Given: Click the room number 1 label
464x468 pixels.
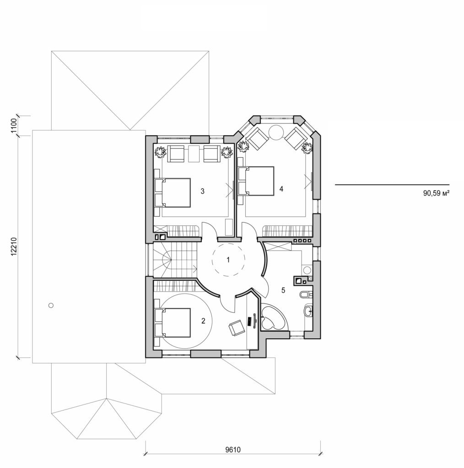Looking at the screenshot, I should [227, 260].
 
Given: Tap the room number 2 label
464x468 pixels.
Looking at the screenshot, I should [203, 321].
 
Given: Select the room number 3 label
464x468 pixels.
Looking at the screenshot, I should [202, 191].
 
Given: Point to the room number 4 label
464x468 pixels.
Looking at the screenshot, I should [281, 188].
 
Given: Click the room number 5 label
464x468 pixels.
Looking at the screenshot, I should [283, 290].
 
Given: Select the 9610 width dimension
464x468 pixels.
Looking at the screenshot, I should [233, 449].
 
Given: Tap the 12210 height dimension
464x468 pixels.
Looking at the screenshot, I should [13, 249].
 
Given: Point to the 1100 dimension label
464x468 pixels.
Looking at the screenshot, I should [13, 125].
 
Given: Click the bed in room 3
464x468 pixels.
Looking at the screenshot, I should [173, 193].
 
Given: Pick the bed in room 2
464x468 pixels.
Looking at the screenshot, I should [173, 322].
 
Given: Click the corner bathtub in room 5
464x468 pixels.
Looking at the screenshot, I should [273, 319].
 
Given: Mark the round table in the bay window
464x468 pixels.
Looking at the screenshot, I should [277, 132].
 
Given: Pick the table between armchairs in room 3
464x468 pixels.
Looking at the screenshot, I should [194, 154].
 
